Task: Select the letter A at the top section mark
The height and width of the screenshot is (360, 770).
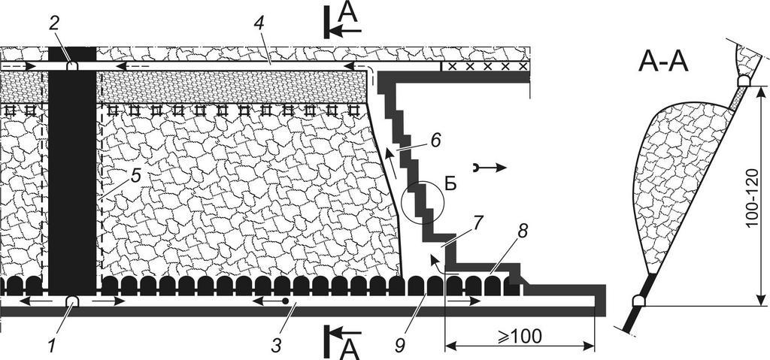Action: pyautogui.click(x=347, y=11)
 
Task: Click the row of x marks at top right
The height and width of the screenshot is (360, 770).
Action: pyautogui.click(x=485, y=66)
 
